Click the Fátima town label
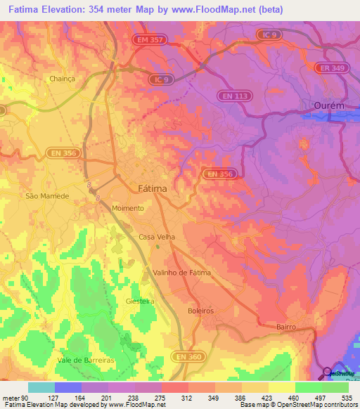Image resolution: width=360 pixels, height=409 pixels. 151,188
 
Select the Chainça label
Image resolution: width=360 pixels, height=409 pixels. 62,79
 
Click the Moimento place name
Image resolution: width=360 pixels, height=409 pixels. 128,209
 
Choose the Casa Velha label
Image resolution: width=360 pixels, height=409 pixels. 156,237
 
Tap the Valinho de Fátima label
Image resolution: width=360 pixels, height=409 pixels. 181,272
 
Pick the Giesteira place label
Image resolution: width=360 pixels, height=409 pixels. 140,301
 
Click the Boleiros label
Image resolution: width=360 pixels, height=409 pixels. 201,310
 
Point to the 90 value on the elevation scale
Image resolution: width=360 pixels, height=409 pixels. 26,398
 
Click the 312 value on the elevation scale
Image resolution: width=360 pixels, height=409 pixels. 187,398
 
